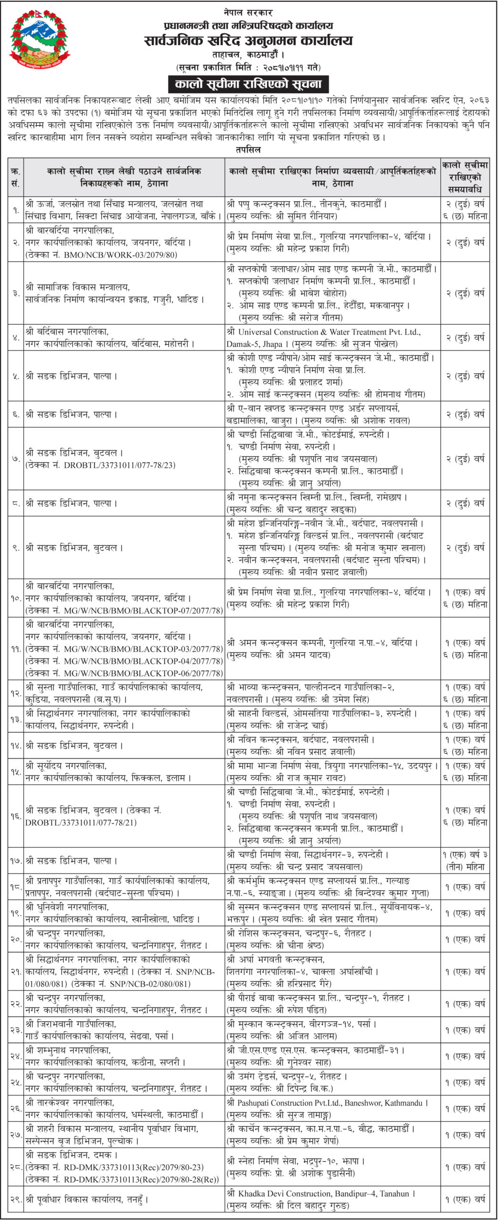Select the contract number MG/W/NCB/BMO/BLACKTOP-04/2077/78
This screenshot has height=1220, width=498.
(x=144, y=661)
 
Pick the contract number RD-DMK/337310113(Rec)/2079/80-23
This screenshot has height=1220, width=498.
(x=134, y=1168)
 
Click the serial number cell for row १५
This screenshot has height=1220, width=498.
(x=16, y=772)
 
